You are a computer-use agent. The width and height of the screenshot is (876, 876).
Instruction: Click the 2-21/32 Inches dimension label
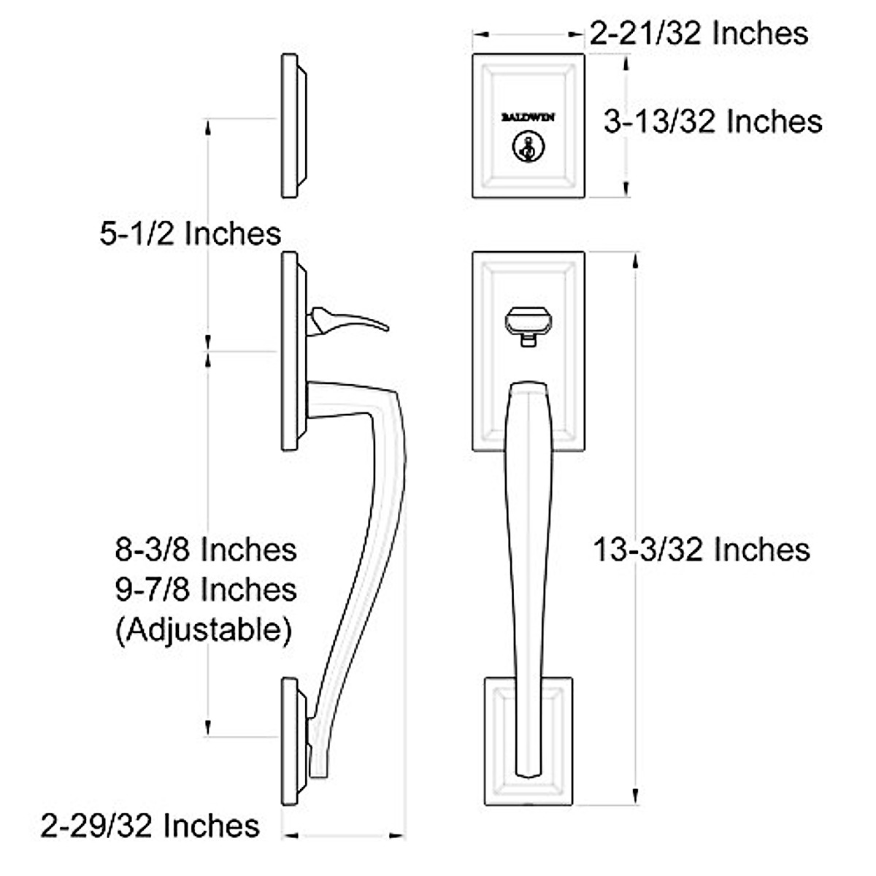[699, 33]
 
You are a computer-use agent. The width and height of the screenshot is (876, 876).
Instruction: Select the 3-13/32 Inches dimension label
[712, 121]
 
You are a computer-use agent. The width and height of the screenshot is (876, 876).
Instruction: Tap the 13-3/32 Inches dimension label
[701, 549]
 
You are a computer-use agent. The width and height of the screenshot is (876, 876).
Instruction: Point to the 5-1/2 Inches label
[190, 234]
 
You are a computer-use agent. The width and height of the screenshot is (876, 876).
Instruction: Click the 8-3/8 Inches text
[206, 549]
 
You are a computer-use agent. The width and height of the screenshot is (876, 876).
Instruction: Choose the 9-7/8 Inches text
[206, 588]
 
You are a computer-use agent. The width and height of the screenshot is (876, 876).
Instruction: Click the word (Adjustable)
[204, 629]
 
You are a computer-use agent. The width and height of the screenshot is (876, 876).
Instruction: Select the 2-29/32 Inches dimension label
[150, 826]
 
